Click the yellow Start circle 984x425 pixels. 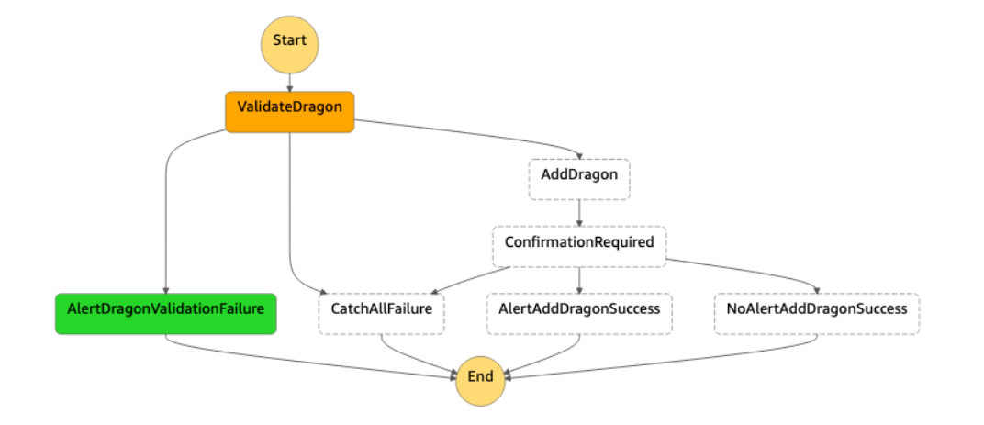click(x=290, y=41)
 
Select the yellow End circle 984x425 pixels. click(x=480, y=377)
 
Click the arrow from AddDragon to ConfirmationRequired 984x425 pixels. click(x=578, y=213)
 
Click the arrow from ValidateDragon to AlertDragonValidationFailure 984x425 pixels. click(x=167, y=220)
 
